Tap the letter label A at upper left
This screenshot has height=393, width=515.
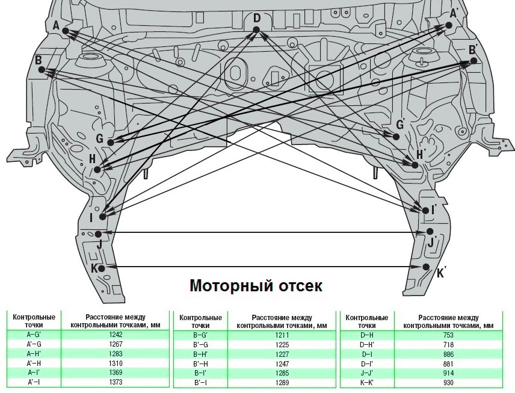click(x=56, y=25)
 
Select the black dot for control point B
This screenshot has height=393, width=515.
click(x=42, y=70)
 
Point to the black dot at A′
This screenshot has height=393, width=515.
click(x=449, y=25)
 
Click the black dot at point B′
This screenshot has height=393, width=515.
click(x=473, y=61)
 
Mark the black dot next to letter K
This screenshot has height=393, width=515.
click(x=102, y=268)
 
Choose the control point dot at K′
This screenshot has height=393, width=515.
click(x=426, y=267)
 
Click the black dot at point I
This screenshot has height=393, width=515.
click(x=102, y=216)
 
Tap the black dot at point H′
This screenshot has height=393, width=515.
click(x=415, y=164)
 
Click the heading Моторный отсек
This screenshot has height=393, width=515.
click(x=256, y=285)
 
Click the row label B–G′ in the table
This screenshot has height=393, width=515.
click(x=200, y=334)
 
